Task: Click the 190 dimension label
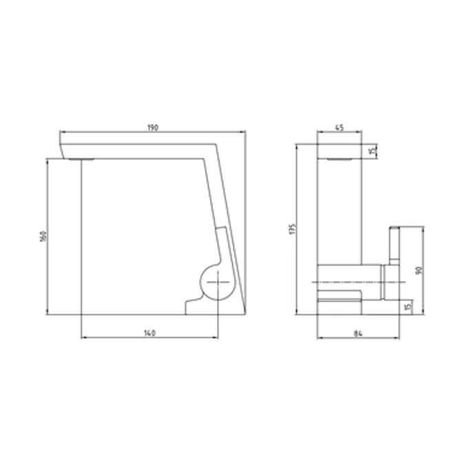point(153,127)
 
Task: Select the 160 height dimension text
point(43,236)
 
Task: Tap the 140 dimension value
point(149,333)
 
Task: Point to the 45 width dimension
point(339,127)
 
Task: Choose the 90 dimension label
point(417,270)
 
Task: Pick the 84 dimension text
point(358,333)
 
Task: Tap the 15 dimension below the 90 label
point(408,307)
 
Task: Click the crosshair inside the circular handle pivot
point(218,283)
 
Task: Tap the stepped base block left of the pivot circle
point(192,305)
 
